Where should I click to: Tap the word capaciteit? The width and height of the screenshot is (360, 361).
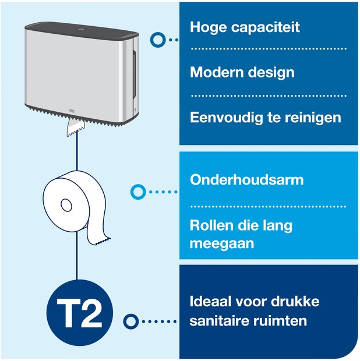coord(266,28)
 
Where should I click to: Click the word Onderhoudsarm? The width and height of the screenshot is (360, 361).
coord(246,179)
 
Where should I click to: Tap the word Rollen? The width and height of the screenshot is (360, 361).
coord(211,225)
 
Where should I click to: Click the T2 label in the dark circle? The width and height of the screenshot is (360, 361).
coord(79,313)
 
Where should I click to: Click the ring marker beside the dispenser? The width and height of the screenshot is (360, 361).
coord(158,40)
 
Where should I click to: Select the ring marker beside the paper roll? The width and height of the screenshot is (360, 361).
coord(138,192)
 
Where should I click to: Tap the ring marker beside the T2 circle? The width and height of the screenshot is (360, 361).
coord(131,321)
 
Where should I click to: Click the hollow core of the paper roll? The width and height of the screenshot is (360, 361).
coord(66,205)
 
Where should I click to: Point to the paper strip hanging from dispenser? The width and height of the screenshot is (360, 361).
coord(75,128)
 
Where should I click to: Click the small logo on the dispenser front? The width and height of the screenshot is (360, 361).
coord(72,111)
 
